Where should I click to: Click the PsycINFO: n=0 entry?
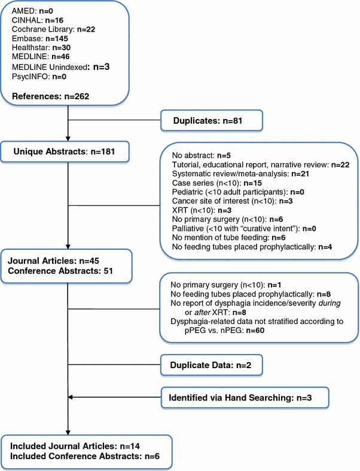37,75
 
